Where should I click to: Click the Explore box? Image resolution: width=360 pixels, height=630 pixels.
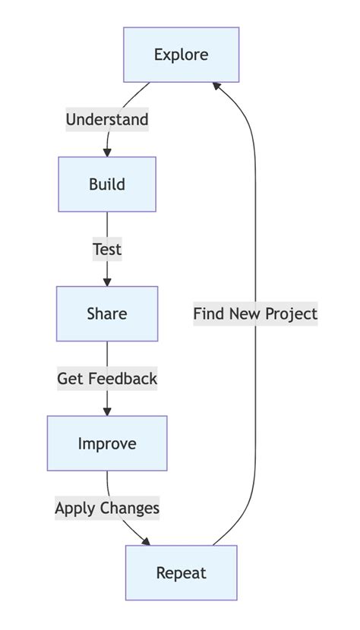tap(182, 55)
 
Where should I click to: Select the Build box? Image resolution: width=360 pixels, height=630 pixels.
tap(107, 184)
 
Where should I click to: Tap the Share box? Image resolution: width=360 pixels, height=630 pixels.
tap(107, 313)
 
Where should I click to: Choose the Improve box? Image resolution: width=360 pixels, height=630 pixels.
tap(107, 443)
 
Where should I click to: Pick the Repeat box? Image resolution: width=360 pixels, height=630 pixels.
tap(182, 573)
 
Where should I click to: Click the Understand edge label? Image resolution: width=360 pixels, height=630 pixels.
tap(107, 119)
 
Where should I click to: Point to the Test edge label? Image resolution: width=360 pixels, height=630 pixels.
tap(107, 249)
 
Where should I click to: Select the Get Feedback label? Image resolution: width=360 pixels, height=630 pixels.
tap(107, 378)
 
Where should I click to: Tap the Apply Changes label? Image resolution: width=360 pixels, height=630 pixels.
tap(107, 508)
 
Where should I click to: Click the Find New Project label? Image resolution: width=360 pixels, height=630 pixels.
tap(255, 313)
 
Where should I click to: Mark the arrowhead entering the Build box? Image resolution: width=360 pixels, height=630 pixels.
tap(107, 153)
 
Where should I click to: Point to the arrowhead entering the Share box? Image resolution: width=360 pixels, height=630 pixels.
tap(107, 282)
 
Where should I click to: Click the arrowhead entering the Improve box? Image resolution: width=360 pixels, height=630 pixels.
tap(107, 411)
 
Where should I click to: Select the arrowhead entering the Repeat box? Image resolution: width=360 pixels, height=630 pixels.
tap(145, 541)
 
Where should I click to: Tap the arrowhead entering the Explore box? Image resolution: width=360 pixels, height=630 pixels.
tap(217, 86)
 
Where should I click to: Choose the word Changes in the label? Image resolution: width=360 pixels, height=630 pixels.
tap(130, 508)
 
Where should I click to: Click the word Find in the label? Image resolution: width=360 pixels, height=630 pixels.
tap(207, 313)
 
